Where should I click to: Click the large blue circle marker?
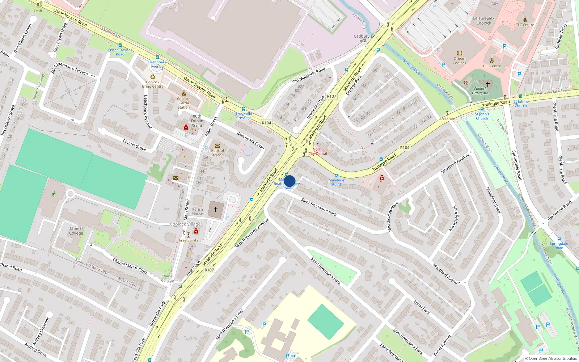pyautogui.click(x=289, y=181)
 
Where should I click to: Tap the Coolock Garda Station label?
pyautogui.click(x=183, y=103)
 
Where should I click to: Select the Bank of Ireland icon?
pyautogui.click(x=217, y=146)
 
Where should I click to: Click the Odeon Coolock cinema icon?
pyautogui.click(x=459, y=53)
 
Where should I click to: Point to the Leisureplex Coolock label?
pyautogui.click(x=483, y=21)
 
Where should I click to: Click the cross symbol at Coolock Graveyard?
pyautogui.click(x=487, y=84)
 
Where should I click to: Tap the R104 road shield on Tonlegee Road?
pyautogui.click(x=405, y=148)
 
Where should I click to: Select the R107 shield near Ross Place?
pyautogui.click(x=209, y=270)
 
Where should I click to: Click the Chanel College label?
pyautogui.click(x=76, y=231)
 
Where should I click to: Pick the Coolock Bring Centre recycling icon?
pyautogui.click(x=153, y=77)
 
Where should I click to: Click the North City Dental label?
pyautogui.click(x=317, y=151)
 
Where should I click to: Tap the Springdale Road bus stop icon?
pyautogui.click(x=559, y=239)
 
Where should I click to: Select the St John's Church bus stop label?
pyautogui.click(x=482, y=116)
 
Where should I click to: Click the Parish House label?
pyautogui.click(x=198, y=211)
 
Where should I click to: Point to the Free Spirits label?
pyautogui.click(x=189, y=240)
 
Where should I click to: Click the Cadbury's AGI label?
pyautogui.click(x=363, y=38)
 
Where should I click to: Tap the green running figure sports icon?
pyautogui.click(x=54, y=194)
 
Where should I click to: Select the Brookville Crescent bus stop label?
pyautogui.click(x=244, y=115)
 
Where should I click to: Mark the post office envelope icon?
pyautogui.click(x=176, y=178)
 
